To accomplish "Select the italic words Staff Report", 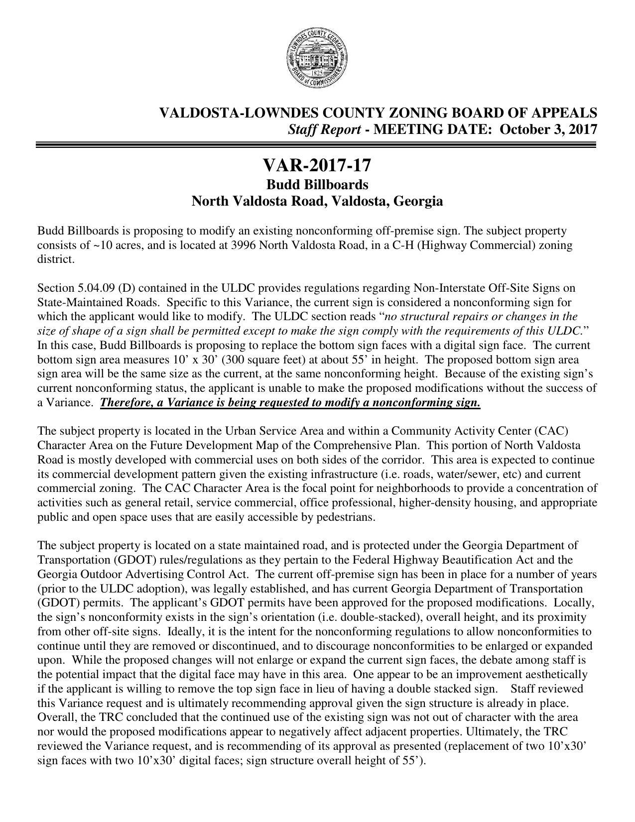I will pyautogui.click(x=325, y=129).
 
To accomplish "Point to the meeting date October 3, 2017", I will pyautogui.click(x=548, y=129).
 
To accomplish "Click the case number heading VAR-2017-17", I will pyautogui.click(x=317, y=165).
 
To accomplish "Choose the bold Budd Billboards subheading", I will pyautogui.click(x=317, y=185).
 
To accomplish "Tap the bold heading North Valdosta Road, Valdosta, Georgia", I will pyautogui.click(x=317, y=201).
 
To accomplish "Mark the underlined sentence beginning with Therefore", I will pyautogui.click(x=290, y=403).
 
